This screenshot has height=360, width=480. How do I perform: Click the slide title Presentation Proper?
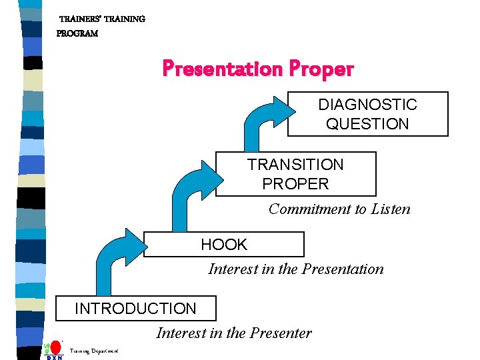pos(258,69)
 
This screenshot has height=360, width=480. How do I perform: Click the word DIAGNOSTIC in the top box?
pos(367,105)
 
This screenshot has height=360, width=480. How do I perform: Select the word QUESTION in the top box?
pos(367,124)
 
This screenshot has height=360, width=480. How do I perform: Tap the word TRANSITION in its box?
pos(295,165)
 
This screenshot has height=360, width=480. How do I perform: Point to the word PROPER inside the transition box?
pos(295,184)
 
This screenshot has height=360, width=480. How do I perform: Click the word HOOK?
pos(224,245)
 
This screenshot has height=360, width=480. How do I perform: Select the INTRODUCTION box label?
pos(135,309)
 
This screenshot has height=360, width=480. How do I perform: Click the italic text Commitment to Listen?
pos(339,209)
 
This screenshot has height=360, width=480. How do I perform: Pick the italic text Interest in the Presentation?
pos(296,269)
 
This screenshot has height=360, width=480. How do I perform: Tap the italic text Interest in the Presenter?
pos(233,333)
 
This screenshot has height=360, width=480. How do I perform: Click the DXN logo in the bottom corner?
pos(53,351)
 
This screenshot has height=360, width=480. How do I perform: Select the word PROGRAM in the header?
pos(77,33)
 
